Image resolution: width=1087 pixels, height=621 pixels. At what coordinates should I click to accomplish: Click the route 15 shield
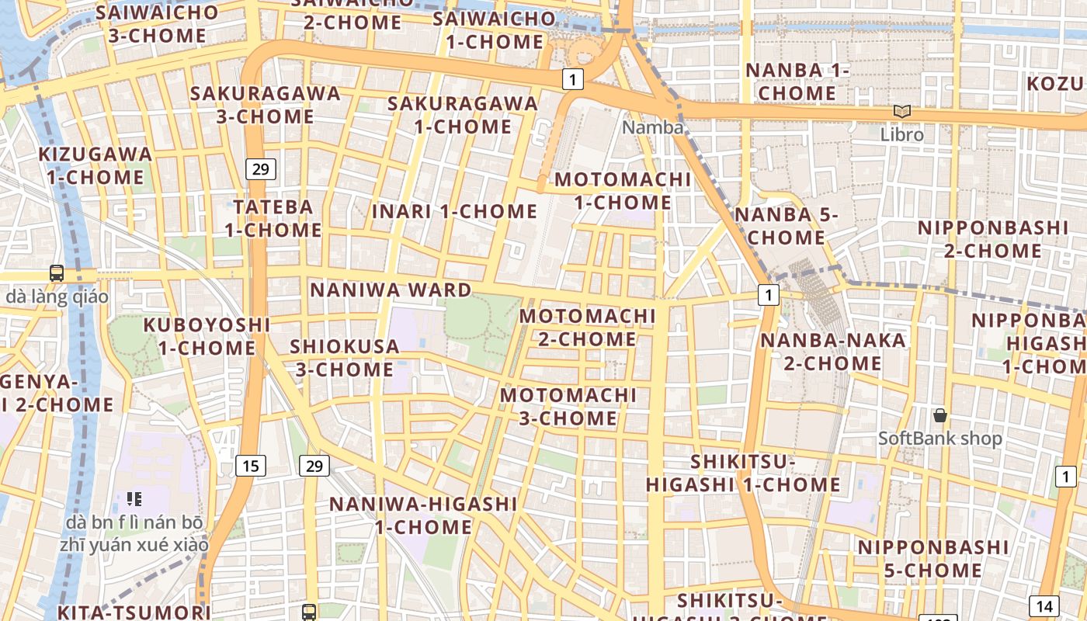250,466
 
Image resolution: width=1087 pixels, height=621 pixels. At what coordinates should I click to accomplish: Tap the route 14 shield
1044,606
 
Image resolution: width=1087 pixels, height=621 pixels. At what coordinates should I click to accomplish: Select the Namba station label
653,127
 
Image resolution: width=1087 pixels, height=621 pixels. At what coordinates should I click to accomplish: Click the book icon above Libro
901,112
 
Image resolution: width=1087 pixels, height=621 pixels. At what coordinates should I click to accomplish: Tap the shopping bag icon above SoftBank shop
940,415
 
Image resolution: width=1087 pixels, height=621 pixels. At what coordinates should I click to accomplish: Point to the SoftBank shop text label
939,439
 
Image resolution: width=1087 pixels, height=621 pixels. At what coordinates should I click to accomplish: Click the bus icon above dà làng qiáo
57,273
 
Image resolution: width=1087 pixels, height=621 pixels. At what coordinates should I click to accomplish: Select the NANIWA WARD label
391,290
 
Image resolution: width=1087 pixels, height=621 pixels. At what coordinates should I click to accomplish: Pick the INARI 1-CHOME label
454,211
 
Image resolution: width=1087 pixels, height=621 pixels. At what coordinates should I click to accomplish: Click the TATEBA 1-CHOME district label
273,218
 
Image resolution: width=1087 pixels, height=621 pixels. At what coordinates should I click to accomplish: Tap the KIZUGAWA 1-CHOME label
95,165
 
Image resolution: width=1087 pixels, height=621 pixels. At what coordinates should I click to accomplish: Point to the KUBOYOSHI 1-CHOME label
207,336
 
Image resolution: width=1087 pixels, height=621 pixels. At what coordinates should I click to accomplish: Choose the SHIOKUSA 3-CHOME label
345,358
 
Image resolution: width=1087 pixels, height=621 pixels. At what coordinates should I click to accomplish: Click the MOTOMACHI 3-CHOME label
568,407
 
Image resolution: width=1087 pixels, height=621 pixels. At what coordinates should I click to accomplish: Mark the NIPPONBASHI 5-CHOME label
932,559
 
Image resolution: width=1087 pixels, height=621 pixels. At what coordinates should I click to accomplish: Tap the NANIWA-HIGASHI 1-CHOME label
423,515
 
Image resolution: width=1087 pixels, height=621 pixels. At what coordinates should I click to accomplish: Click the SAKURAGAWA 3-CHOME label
266,105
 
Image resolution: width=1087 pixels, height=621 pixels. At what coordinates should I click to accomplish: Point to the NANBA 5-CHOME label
786,225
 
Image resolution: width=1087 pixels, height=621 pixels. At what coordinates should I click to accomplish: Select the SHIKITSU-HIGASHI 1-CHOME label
743,474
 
